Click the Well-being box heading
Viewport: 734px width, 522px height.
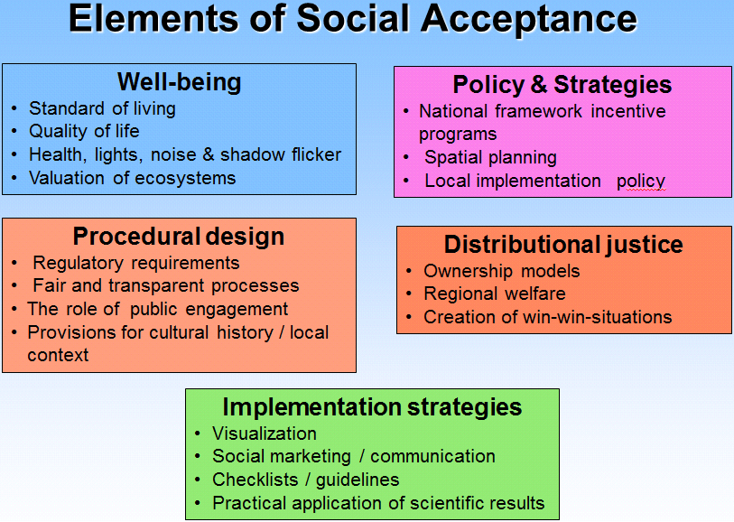pyautogui.click(x=180, y=82)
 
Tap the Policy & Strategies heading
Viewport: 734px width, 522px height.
pyautogui.click(x=562, y=85)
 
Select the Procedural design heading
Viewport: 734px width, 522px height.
pyautogui.click(x=179, y=237)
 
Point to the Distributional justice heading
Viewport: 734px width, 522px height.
pyautogui.click(x=563, y=245)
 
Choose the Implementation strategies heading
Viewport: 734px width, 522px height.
pyautogui.click(x=372, y=406)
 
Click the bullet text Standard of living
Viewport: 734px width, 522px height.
pyautogui.click(x=103, y=108)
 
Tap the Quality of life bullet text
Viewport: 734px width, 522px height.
pyautogui.click(x=84, y=131)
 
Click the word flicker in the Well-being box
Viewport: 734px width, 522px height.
pyautogui.click(x=317, y=154)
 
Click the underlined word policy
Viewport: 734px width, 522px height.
pyautogui.click(x=641, y=182)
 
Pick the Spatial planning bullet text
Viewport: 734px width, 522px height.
pyautogui.click(x=490, y=158)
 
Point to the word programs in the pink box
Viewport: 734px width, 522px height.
pyautogui.click(x=458, y=135)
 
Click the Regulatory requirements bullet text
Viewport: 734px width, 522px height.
pyautogui.click(x=136, y=263)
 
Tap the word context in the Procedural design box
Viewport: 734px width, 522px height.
pyautogui.click(x=58, y=355)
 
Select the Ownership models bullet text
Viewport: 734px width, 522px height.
pyautogui.click(x=502, y=271)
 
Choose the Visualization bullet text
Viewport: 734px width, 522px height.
pyautogui.click(x=265, y=433)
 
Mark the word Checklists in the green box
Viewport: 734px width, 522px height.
pyautogui.click(x=256, y=480)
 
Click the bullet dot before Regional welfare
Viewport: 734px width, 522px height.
pyautogui.click(x=409, y=294)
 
